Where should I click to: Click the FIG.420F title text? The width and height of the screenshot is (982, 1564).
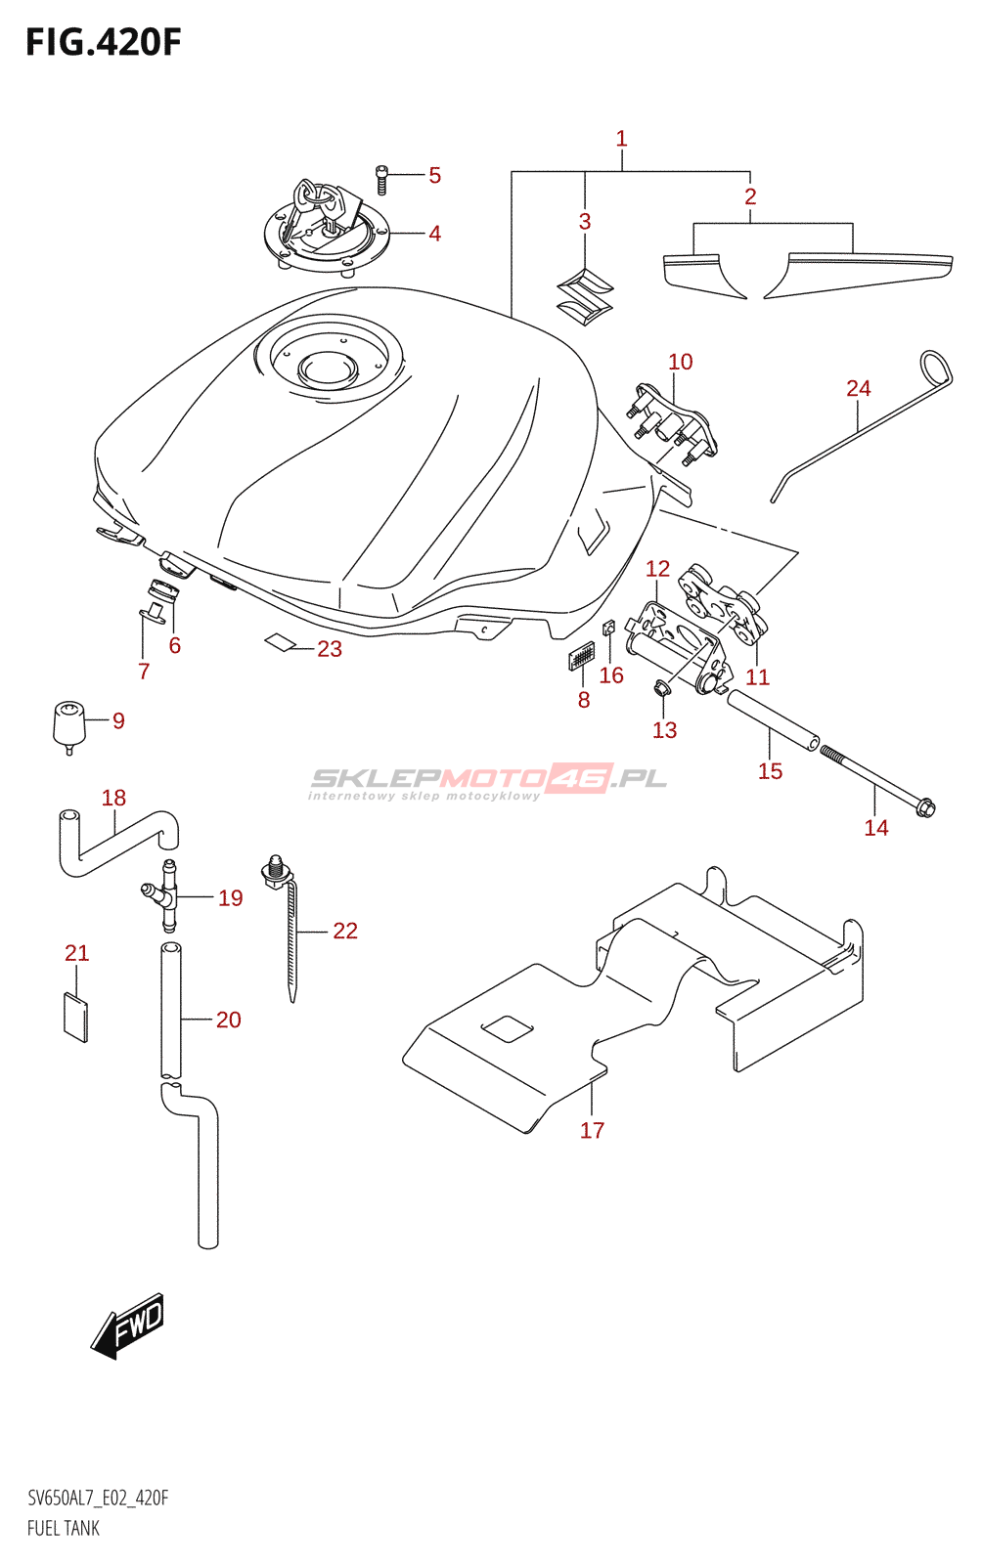pyautogui.click(x=103, y=42)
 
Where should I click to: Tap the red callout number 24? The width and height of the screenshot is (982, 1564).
pyautogui.click(x=858, y=388)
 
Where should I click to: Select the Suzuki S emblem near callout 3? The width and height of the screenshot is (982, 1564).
pyautogui.click(x=585, y=296)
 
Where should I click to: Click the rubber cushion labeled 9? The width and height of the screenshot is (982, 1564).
pyautogui.click(x=68, y=724)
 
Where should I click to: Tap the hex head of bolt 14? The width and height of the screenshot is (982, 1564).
pyautogui.click(x=924, y=807)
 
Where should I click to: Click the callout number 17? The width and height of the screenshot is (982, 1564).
pyautogui.click(x=592, y=1130)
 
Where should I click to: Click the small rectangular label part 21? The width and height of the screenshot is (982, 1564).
pyautogui.click(x=75, y=1017)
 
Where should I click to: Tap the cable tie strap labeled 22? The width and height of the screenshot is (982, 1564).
pyautogui.click(x=291, y=938)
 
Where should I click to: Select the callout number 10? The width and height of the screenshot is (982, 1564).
pyautogui.click(x=680, y=362)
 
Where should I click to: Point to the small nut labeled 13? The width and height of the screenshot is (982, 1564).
pyautogui.click(x=661, y=689)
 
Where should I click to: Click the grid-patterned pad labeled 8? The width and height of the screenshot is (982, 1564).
pyautogui.click(x=581, y=655)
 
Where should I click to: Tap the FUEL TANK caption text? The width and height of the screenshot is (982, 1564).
pyautogui.click(x=64, y=1528)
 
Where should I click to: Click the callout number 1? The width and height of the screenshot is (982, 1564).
pyautogui.click(x=621, y=139)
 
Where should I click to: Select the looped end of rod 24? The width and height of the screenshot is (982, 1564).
pyautogui.click(x=935, y=368)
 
